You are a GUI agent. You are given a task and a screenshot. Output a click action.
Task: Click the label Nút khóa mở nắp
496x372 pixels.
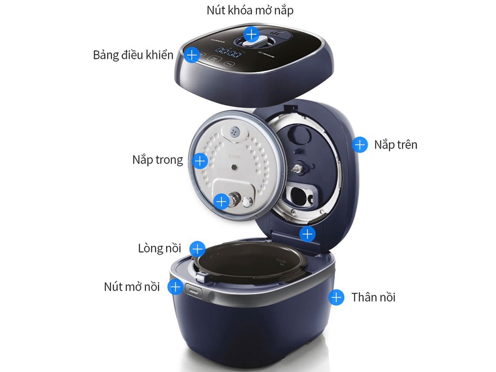(250, 11)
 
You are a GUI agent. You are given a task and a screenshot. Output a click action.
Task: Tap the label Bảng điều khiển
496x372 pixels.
(133, 55)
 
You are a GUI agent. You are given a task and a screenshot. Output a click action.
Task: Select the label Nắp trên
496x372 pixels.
(396, 145)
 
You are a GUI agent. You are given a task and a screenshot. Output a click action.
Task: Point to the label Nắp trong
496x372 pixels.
(158, 160)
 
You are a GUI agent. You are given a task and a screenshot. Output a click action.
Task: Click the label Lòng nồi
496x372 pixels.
(159, 248)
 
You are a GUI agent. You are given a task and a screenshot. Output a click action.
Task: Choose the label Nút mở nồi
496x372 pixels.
(132, 287)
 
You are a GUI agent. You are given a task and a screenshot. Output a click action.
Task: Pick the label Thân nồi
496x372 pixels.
(373, 297)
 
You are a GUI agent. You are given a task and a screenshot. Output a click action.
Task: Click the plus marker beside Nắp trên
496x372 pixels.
(360, 145)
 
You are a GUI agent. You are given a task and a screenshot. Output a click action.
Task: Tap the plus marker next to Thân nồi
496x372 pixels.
(336, 297)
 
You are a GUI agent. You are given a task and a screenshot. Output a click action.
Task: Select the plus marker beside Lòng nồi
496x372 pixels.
(198, 249)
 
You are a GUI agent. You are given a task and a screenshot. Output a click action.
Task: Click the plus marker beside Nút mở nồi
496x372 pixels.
(175, 287)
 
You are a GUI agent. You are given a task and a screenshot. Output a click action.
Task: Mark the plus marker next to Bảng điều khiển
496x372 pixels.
(191, 55)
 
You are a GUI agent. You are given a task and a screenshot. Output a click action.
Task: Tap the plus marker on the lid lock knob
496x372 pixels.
(252, 34)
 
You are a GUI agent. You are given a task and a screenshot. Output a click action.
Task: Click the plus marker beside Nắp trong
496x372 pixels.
(200, 161)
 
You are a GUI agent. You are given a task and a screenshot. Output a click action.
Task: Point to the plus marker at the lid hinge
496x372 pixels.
(307, 234)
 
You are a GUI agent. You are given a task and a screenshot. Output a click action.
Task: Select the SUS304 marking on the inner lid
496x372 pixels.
(235, 156)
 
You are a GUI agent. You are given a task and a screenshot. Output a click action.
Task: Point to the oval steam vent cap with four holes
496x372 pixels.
(235, 132)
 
